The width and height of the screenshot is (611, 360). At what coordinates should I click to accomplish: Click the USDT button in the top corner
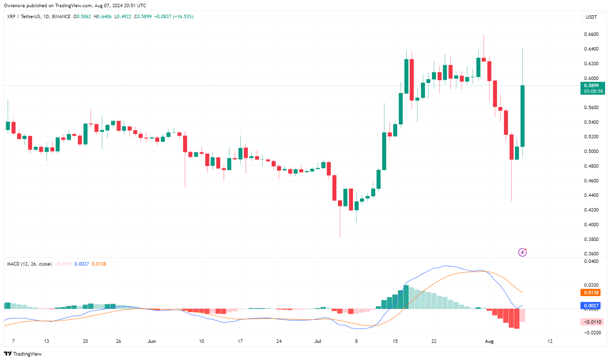(x=591, y=17)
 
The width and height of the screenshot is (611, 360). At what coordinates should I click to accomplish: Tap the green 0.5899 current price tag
(x=591, y=86)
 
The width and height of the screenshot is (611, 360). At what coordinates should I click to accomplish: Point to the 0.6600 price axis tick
(x=591, y=34)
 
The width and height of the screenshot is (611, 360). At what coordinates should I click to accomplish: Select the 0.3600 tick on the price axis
(x=591, y=254)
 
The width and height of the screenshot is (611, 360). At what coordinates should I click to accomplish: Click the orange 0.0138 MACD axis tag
(x=591, y=293)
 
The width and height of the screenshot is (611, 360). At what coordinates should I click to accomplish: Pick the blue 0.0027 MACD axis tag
(x=591, y=306)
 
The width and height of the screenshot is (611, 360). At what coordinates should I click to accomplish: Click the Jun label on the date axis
(x=151, y=341)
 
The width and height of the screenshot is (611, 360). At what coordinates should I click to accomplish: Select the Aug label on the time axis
(x=489, y=341)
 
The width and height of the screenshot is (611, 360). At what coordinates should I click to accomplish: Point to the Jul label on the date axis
(x=317, y=341)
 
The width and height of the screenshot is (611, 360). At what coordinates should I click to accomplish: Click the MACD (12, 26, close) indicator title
(x=29, y=264)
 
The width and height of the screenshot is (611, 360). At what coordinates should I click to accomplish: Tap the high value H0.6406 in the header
(x=103, y=17)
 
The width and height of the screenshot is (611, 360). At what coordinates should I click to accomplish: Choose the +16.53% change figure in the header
(x=183, y=17)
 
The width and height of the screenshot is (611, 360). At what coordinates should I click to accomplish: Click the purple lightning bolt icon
(x=522, y=253)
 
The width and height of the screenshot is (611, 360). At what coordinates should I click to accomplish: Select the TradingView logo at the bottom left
(x=23, y=354)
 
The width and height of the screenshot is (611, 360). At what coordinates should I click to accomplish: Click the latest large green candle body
(x=523, y=116)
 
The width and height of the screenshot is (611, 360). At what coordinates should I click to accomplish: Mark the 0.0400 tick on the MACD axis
(x=591, y=261)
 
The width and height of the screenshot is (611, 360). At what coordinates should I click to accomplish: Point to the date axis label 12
(x=550, y=341)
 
